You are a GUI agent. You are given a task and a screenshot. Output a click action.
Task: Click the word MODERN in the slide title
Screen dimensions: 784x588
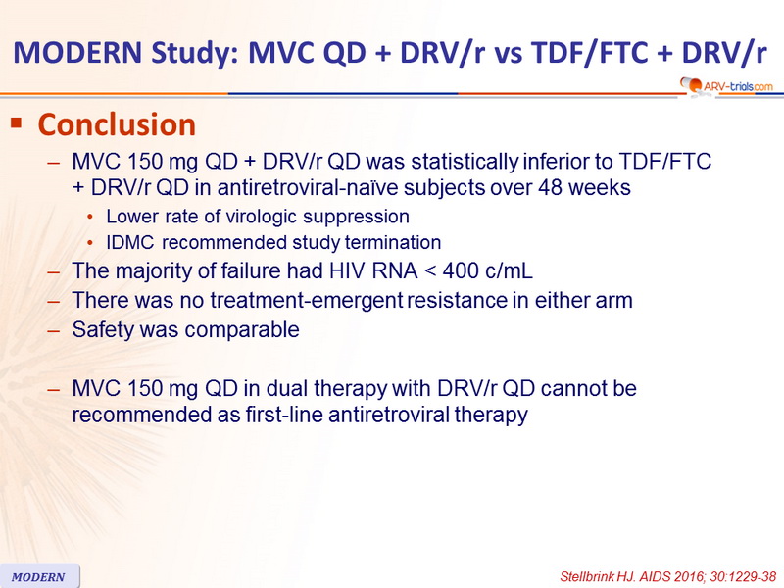pos(78,52)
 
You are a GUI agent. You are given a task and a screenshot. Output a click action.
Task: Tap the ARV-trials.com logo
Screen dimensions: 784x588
pos(726,85)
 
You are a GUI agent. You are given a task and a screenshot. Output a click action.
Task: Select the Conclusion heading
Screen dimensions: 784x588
pos(117,124)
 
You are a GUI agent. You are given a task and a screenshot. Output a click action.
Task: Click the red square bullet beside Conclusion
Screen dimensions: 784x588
pos(17,122)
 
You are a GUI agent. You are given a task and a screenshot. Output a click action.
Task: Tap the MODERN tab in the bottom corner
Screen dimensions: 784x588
pos(39,576)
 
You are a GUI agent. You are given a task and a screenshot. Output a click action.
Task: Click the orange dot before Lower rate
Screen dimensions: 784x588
pos(90,217)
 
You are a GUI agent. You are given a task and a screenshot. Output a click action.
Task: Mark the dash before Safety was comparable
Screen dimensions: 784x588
pos(54,330)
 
